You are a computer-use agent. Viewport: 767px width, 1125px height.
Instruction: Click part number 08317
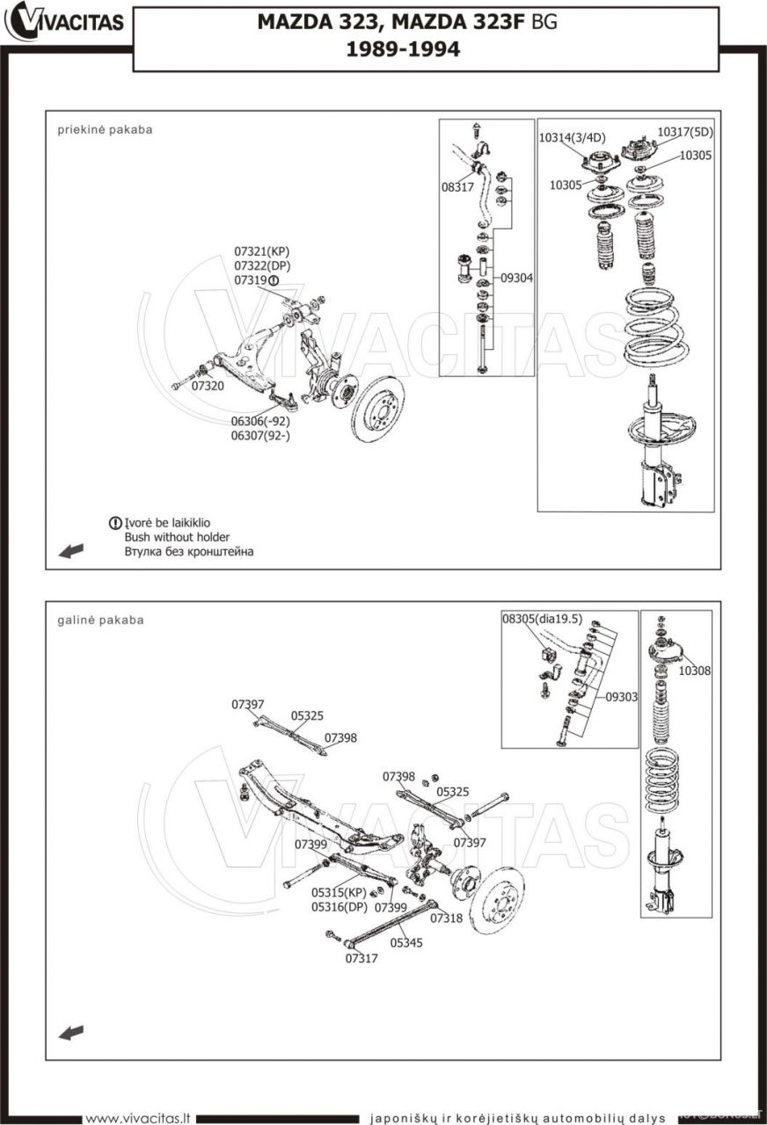click(457, 187)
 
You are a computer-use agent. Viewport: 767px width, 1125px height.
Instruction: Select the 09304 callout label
click(517, 278)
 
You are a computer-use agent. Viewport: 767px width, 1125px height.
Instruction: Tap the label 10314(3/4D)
click(572, 138)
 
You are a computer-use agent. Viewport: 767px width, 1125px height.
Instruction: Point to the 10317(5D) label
click(685, 133)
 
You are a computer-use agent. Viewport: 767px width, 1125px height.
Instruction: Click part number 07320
click(208, 386)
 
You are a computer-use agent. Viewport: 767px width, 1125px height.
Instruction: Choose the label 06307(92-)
click(260, 435)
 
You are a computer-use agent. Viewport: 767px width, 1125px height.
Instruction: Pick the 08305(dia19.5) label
click(542, 619)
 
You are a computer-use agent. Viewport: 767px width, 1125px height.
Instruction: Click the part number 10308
click(695, 671)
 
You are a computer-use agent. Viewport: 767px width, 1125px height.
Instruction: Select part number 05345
click(406, 942)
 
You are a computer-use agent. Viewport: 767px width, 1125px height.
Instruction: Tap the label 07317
click(362, 958)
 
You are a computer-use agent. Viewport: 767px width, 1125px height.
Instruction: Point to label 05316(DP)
click(339, 907)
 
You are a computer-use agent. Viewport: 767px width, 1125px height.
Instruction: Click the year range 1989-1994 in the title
click(403, 50)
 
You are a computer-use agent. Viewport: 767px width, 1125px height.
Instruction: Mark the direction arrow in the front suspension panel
click(71, 550)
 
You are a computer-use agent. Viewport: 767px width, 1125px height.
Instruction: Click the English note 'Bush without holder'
click(177, 537)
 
